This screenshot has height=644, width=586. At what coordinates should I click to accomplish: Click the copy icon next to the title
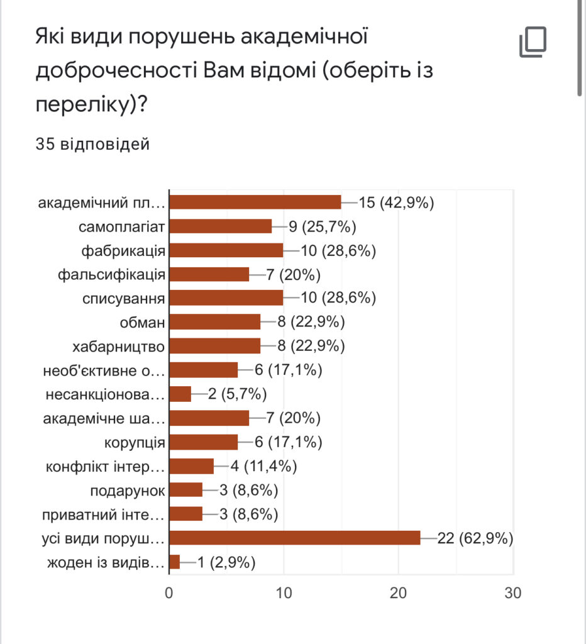pyautogui.click(x=533, y=43)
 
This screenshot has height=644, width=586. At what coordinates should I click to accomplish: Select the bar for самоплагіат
pyautogui.click(x=221, y=226)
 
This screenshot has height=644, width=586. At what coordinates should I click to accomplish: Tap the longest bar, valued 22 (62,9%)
pyautogui.click(x=295, y=538)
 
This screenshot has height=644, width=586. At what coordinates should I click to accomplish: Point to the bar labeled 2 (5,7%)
pyautogui.click(x=180, y=394)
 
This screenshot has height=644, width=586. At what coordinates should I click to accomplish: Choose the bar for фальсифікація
pyautogui.click(x=209, y=274)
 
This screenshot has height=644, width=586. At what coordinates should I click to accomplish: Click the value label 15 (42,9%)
pyautogui.click(x=397, y=202)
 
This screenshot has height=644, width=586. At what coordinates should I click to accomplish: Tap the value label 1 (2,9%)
pyautogui.click(x=226, y=562)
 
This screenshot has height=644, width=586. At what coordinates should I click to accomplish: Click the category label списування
pyautogui.click(x=124, y=298)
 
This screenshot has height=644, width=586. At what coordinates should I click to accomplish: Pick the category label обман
pyautogui.click(x=143, y=323)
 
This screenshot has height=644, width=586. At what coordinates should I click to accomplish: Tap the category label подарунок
pyautogui.click(x=128, y=491)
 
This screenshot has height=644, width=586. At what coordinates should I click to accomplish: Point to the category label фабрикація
pyautogui.click(x=123, y=250)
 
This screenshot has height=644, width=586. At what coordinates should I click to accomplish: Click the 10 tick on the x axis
pyautogui.click(x=284, y=592)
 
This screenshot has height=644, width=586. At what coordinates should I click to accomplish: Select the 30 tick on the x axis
pyautogui.click(x=513, y=592)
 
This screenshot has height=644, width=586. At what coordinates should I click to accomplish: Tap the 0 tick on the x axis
pyautogui.click(x=169, y=592)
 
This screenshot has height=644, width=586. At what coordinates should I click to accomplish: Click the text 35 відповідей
pyautogui.click(x=93, y=145)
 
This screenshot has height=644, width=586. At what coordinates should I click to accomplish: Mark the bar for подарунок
pyautogui.click(x=186, y=490)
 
